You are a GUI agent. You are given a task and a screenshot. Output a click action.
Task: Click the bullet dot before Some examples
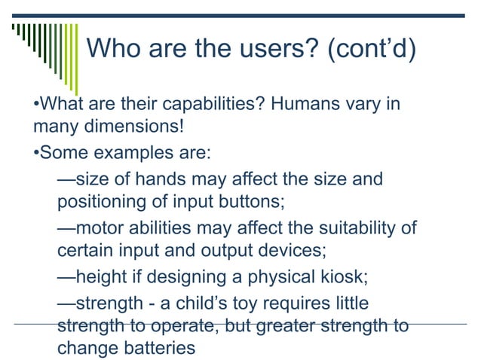tap(36, 153)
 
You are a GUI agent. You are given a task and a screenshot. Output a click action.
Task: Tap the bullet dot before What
tap(36, 104)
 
